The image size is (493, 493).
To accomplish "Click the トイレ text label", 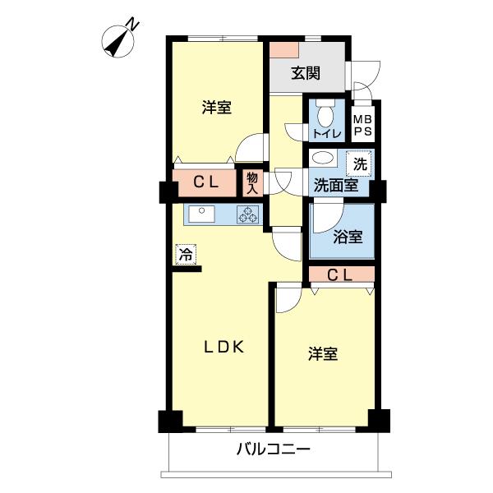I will click(322, 134).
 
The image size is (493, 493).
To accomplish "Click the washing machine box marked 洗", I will click(359, 163).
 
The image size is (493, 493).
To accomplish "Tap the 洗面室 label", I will click(335, 186).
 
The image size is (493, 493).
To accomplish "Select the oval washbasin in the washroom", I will click(323, 159).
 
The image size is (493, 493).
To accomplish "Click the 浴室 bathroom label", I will click(348, 237).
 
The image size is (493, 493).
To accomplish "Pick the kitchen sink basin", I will click(200, 214).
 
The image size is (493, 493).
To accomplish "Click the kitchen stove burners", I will click(246, 214).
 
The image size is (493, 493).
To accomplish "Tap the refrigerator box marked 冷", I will click(186, 255).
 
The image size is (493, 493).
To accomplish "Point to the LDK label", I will click(223, 347).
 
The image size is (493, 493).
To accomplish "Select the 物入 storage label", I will click(251, 182).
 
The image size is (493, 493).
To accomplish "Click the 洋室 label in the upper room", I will click(217, 107).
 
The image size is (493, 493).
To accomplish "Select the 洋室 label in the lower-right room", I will click(323, 354).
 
